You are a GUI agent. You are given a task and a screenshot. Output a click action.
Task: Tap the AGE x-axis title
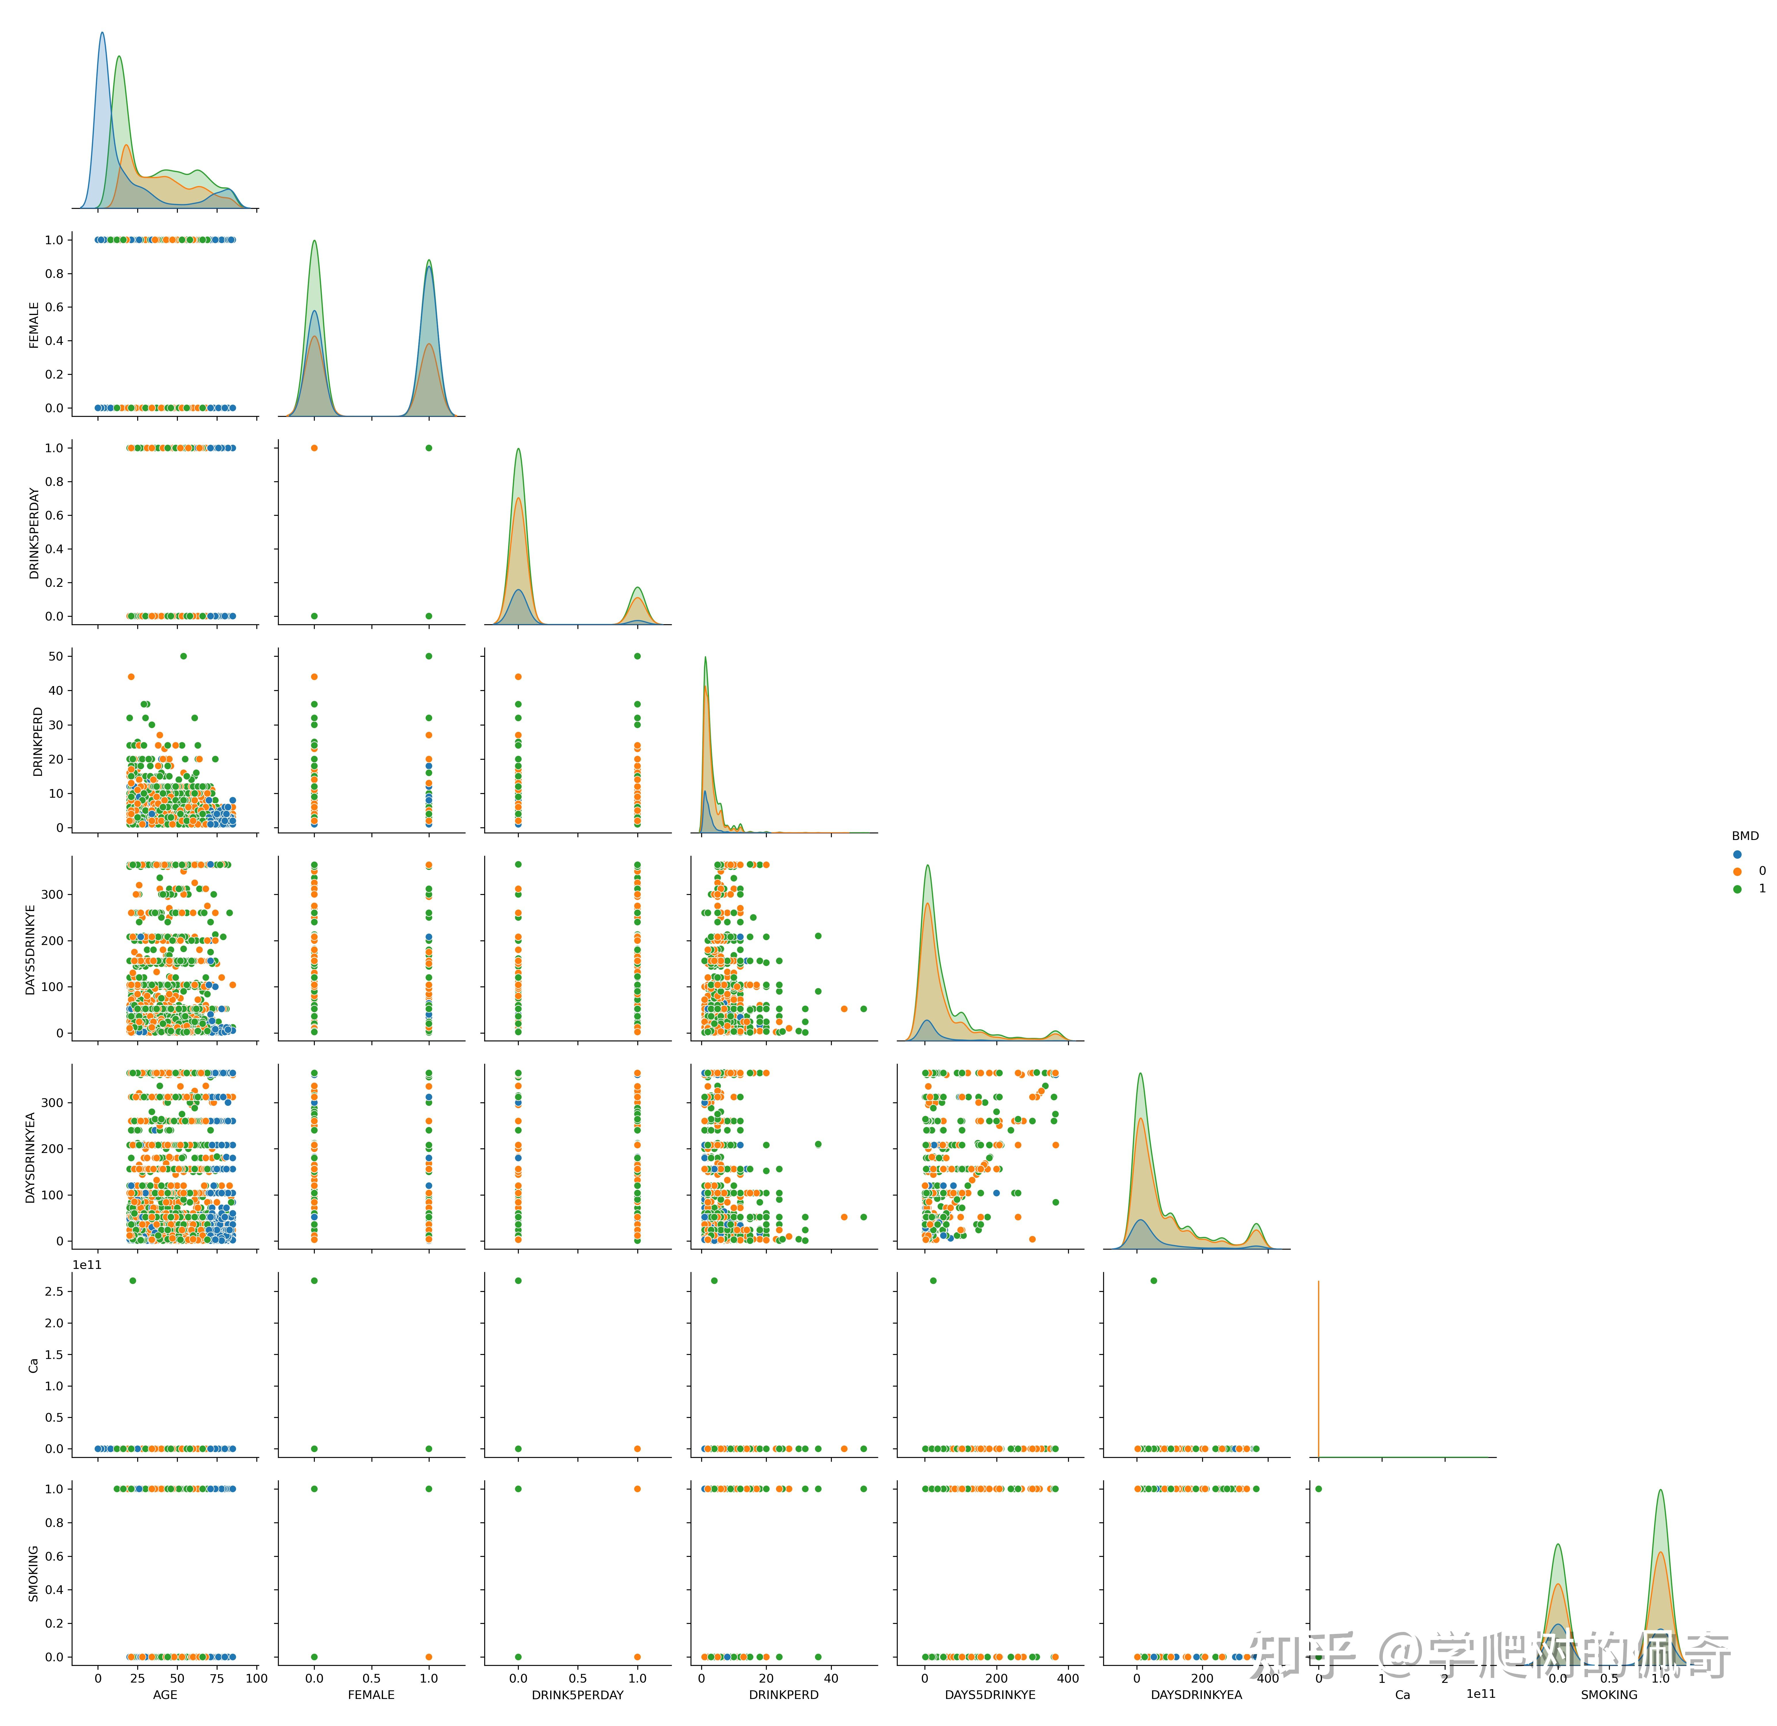[165, 1694]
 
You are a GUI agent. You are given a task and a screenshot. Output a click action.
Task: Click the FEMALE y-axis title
[35, 324]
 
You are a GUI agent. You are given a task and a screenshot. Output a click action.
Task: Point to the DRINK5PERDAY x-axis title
[577, 1694]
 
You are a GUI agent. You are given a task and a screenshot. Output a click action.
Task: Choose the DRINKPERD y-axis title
[38, 742]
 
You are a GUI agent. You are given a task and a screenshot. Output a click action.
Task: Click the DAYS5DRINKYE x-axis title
[990, 1694]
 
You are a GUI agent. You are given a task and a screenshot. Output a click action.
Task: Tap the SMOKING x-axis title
[1609, 1694]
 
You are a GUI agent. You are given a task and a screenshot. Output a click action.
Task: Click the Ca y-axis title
[35, 1364]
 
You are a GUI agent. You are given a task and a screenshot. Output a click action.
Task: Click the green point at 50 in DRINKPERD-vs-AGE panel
[183, 656]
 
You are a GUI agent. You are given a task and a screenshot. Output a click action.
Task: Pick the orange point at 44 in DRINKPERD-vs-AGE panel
[131, 676]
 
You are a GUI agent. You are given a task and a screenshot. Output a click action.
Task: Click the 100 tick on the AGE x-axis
[257, 1678]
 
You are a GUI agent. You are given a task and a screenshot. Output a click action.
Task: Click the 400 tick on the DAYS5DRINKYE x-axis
[1068, 1678]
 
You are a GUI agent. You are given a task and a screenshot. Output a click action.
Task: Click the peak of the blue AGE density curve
[102, 34]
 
